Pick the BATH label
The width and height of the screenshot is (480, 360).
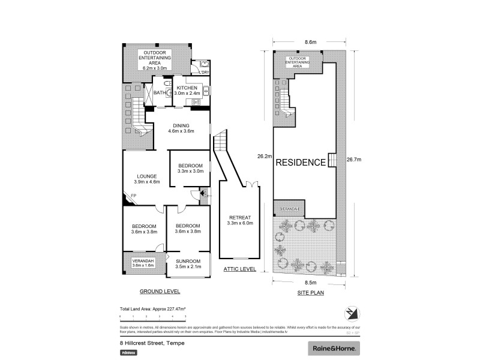[x=160, y=93]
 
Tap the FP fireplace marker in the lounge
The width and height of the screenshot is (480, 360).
[x=134, y=196]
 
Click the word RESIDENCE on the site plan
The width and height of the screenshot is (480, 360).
[x=301, y=162]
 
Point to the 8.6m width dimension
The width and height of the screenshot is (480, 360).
[x=310, y=42]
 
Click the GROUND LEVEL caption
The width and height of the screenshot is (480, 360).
[x=160, y=291]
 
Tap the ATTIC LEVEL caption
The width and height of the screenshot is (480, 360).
[x=239, y=269]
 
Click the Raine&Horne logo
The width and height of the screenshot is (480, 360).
[x=334, y=348]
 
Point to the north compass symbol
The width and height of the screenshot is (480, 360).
[x=351, y=313]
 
